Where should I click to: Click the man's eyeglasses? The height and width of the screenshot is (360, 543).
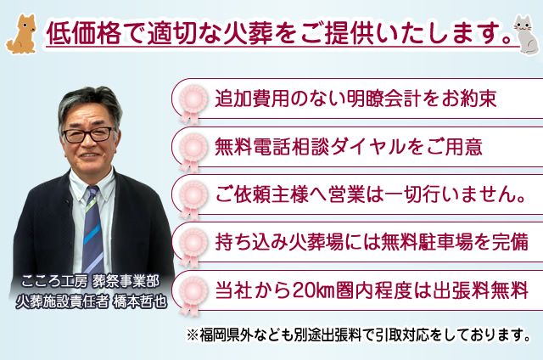[87, 134]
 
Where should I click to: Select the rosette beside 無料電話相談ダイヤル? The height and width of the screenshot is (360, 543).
[193, 147]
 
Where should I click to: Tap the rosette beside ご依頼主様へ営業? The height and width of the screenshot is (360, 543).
[193, 195]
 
